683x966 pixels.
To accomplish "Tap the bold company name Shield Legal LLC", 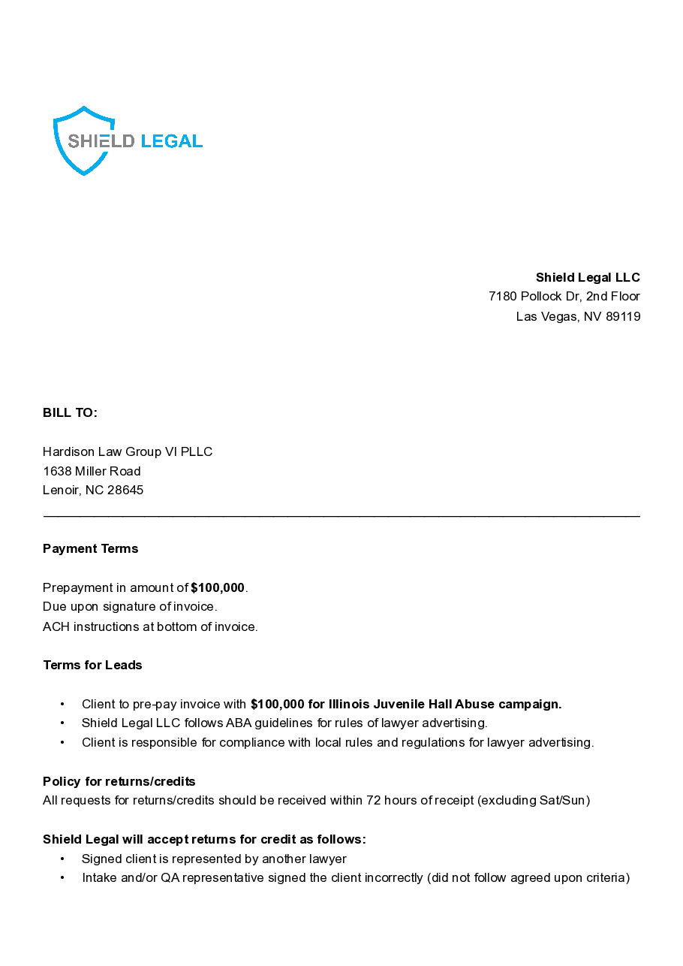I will [588, 277].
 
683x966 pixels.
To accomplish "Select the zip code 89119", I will [623, 316].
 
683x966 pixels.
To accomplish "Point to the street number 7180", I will [503, 296].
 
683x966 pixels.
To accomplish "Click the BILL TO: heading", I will [70, 412].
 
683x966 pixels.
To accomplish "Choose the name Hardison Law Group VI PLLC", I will [128, 451].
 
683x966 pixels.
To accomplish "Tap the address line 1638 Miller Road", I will [92, 471].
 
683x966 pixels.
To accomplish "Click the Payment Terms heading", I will [90, 548].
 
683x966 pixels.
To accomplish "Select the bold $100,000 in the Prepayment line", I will [218, 587].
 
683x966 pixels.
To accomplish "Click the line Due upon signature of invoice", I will [130, 606].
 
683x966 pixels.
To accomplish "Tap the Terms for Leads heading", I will [92, 665].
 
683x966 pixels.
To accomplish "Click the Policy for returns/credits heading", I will [119, 781].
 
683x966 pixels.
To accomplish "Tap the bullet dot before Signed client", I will [62, 859].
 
